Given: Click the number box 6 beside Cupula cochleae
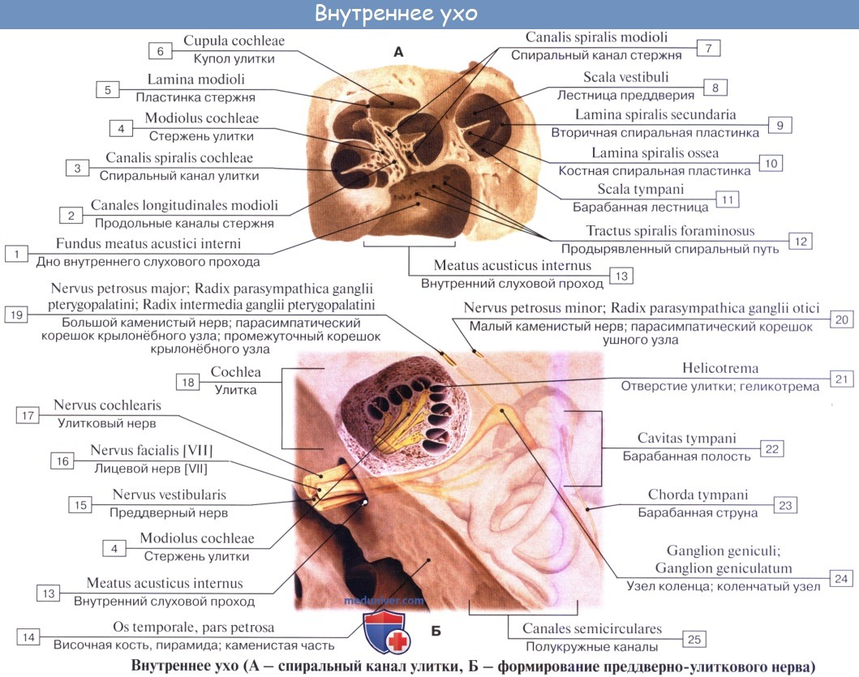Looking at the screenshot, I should click(160, 50).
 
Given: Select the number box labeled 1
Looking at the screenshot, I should click(16, 253).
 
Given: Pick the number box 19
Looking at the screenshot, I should click(16, 315).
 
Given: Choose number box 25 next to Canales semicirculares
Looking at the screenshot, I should click(694, 640).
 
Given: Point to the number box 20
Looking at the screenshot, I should click(842, 319).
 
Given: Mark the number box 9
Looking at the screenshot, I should click(779, 125).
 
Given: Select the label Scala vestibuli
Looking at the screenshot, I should click(621, 78).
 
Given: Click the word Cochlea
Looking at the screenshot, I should click(235, 372).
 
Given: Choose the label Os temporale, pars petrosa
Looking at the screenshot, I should click(193, 628).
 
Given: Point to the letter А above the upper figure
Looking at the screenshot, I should click(397, 52).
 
